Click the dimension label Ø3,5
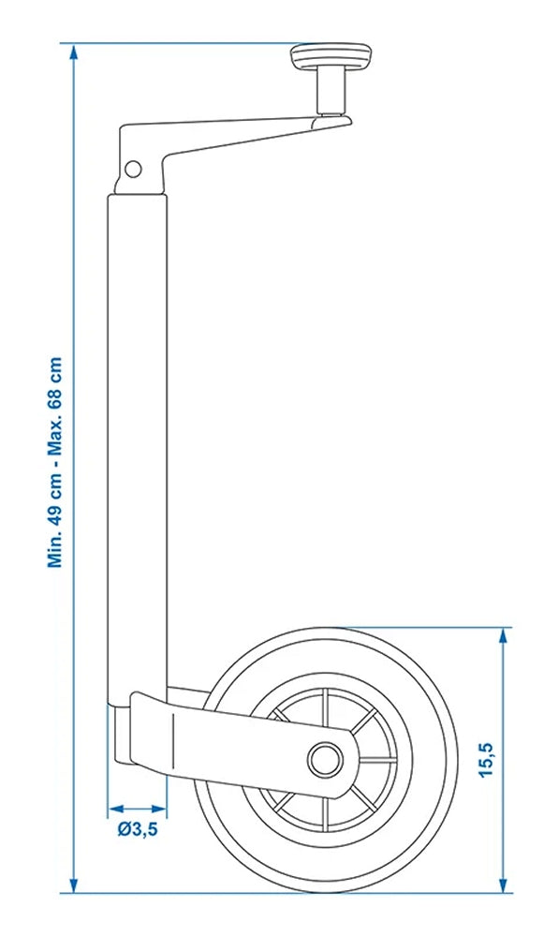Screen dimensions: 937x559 138,827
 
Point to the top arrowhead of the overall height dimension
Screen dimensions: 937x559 74,52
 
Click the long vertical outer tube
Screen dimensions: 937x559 137,440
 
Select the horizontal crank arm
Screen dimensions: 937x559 234,136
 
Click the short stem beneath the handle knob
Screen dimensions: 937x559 331,92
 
